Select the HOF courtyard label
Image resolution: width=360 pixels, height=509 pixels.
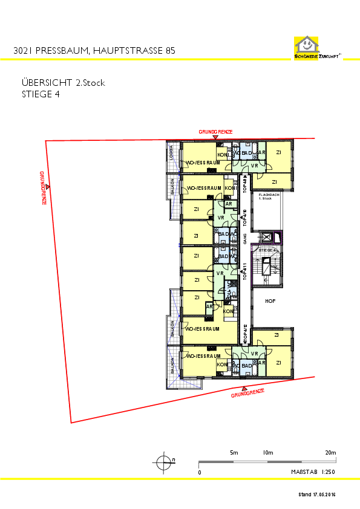tap(270, 300)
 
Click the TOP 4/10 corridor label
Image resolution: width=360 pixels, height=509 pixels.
tap(245, 219)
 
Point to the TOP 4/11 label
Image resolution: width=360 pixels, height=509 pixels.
tap(245, 271)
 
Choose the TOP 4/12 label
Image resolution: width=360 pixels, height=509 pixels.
tap(245, 334)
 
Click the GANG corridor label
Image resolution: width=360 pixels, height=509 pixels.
tap(245, 241)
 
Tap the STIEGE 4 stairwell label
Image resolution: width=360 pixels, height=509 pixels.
tap(267, 250)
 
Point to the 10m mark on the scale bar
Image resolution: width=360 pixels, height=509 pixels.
tap(268, 453)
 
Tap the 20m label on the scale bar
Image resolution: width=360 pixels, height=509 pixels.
tap(330, 453)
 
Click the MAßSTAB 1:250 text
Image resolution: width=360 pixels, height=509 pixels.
tap(312, 472)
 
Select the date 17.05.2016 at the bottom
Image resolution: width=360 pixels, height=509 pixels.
tap(324, 494)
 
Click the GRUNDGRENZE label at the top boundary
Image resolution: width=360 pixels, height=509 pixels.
tap(215, 132)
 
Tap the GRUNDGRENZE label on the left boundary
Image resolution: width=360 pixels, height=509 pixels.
tap(43, 188)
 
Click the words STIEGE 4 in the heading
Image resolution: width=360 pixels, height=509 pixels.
tap(41, 94)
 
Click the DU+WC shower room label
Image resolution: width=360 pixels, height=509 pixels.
tap(229, 290)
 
